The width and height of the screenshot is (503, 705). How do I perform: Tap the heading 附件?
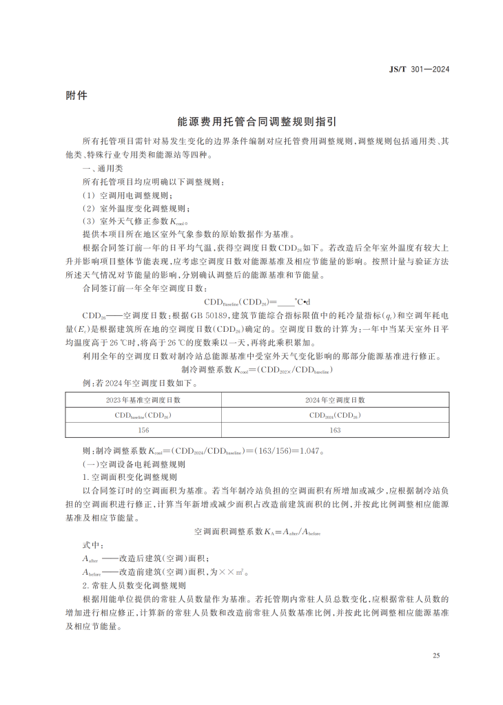[x=76, y=96]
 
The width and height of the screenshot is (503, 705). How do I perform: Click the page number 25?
[x=436, y=655]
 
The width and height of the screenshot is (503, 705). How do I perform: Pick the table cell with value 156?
[x=143, y=430]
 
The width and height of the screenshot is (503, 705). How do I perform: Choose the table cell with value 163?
[x=336, y=430]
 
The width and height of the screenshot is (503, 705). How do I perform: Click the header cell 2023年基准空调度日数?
[x=143, y=399]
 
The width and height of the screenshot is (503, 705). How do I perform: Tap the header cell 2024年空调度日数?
[x=336, y=399]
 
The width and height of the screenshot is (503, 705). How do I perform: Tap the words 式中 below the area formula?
[x=92, y=545]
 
